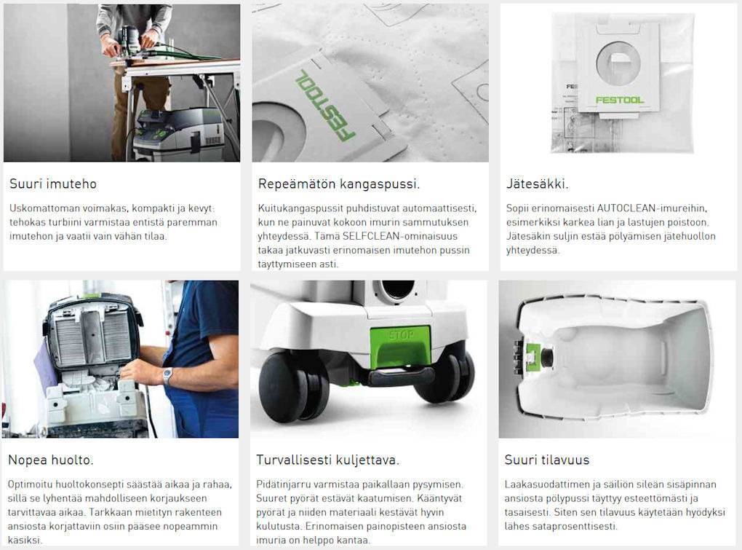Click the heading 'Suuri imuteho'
[x=53, y=184]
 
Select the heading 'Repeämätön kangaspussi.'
[x=339, y=184]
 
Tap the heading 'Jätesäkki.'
[x=537, y=184]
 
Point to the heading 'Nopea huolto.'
[x=51, y=460]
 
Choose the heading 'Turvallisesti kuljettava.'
[x=327, y=460]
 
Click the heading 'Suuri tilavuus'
[x=546, y=460]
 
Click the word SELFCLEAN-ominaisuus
[x=400, y=236]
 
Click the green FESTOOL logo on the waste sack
[x=620, y=100]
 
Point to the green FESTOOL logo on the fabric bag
[x=325, y=105]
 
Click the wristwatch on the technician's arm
[x=167, y=376]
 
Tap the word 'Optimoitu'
[x=30, y=484]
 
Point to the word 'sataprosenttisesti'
[x=571, y=526]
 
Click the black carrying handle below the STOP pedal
[x=402, y=376]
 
